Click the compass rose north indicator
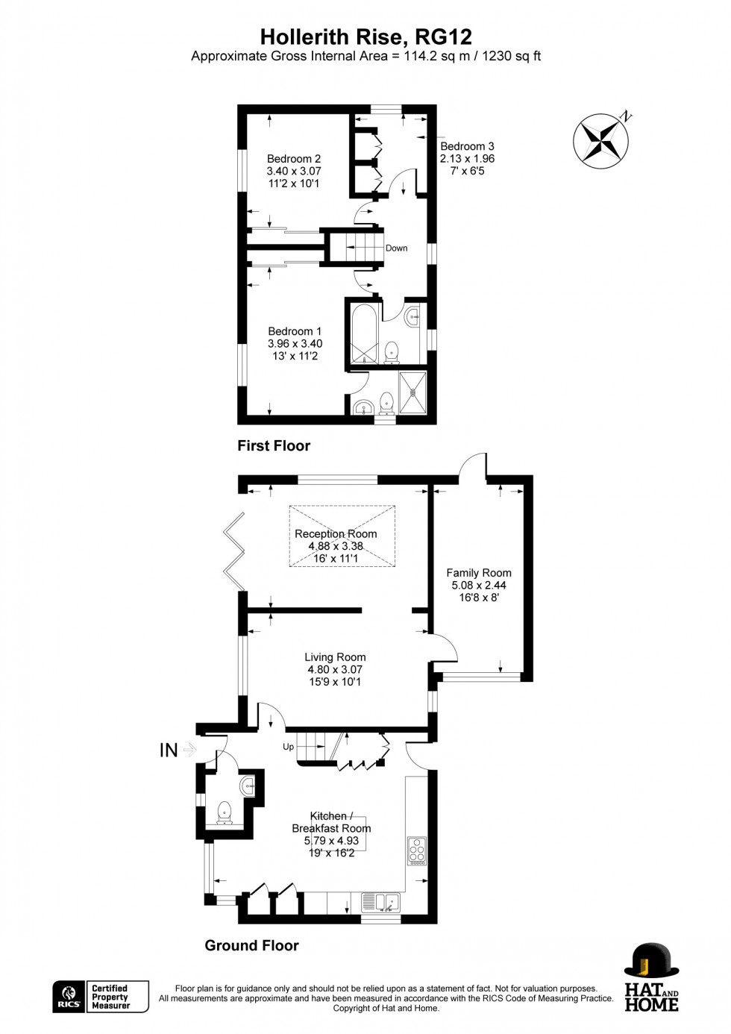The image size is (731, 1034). click(x=601, y=140)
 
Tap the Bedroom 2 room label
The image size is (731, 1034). click(x=294, y=159)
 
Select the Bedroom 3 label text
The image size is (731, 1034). click(x=467, y=146)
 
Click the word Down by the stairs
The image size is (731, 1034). click(x=396, y=248)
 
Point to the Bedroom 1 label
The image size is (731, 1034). click(x=295, y=331)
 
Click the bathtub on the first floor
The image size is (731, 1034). click(x=364, y=333)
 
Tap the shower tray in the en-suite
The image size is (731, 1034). click(x=412, y=392)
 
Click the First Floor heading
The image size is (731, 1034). click(x=274, y=445)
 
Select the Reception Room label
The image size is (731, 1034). click(x=336, y=533)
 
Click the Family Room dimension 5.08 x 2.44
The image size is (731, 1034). click(x=479, y=586)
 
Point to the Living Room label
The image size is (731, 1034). click(x=335, y=657)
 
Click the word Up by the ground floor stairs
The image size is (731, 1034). click(x=288, y=747)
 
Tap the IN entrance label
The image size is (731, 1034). click(x=169, y=751)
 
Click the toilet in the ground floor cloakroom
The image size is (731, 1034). click(x=223, y=812)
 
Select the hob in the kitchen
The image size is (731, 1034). click(x=416, y=850)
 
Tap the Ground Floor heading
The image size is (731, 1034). click(x=251, y=945)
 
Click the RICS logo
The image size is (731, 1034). click(x=69, y=997)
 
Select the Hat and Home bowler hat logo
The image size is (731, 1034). click(x=651, y=960)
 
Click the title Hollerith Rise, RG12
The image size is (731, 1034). click(x=365, y=37)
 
